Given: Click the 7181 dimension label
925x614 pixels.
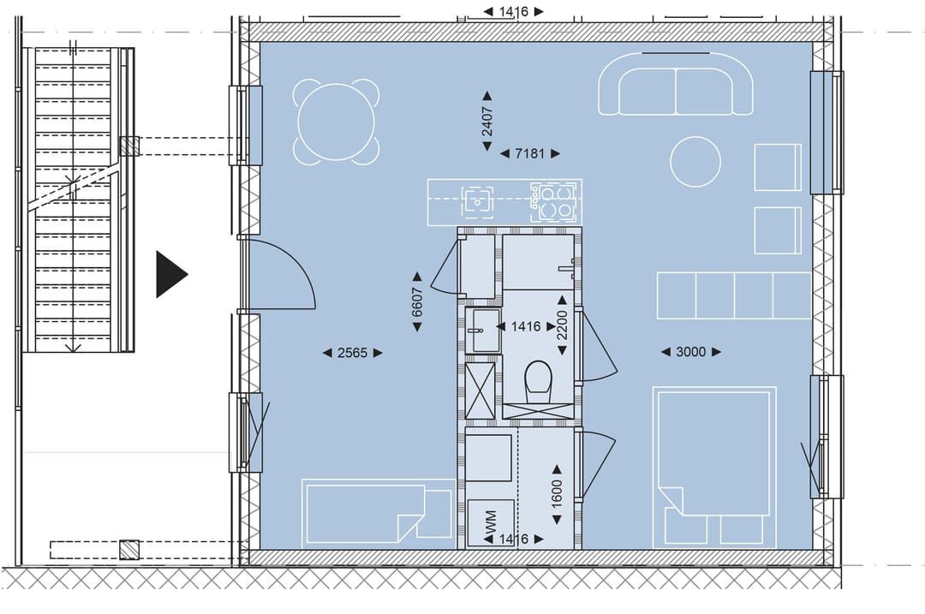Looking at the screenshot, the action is coord(530,153).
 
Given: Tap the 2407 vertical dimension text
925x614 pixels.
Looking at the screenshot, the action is coord(487,121).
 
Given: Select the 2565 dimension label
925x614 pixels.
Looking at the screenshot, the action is coord(352,353).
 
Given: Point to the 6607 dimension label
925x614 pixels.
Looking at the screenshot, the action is coord(417,301).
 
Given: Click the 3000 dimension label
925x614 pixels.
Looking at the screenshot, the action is coord(691,352).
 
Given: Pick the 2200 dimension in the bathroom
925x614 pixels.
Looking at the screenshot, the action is coord(562,325).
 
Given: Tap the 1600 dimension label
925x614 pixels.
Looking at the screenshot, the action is coord(557,493).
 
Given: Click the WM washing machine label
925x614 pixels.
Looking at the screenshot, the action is coord(490,522).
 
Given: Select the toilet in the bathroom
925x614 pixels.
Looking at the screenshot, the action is coord(538,380).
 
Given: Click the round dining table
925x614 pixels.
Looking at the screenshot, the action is coord(337,121).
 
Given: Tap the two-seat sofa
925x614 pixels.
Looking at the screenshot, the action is coord(676,84).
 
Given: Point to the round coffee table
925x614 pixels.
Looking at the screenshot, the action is coord(695,162).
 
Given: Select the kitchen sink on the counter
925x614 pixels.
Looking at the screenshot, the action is coord(477,200).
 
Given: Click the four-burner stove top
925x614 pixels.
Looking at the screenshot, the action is coord(552,200).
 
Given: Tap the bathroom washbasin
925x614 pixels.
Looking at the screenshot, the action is coord(482,331).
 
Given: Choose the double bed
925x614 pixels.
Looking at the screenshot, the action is coord(713,467).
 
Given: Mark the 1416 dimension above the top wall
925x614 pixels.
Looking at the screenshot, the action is coord(513,11).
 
